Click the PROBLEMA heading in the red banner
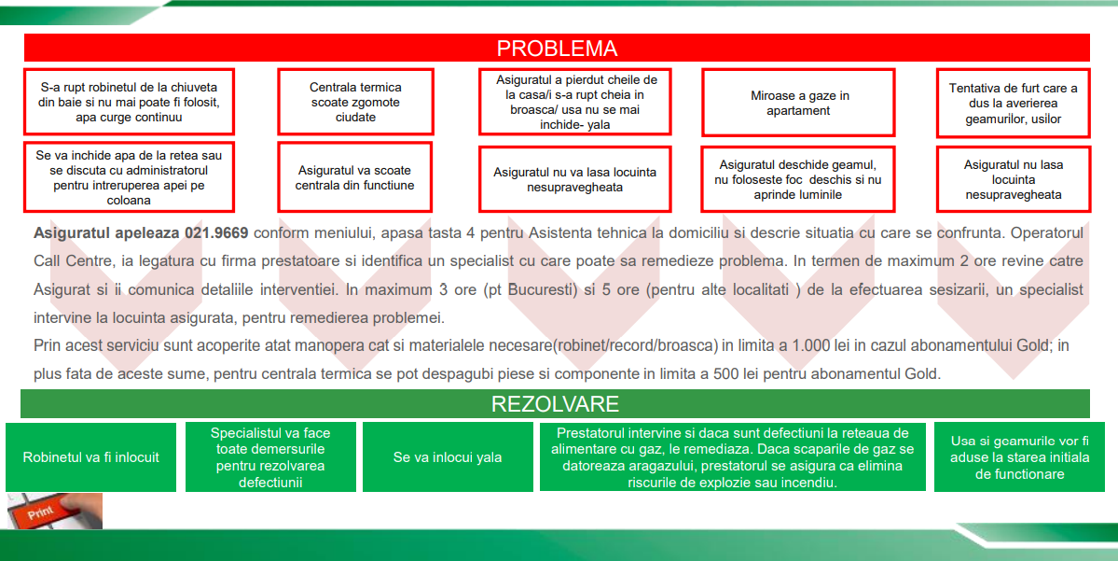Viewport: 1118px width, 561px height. [x=557, y=49]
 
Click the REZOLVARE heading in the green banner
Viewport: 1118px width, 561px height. [x=555, y=404]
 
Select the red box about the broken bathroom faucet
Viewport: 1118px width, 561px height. [x=130, y=102]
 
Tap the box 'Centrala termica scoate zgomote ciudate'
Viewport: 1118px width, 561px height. [x=355, y=102]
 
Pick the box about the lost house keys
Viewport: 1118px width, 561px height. [x=575, y=102]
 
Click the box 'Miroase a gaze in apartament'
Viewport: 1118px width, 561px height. [x=799, y=103]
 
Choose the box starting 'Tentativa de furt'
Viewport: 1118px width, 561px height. [x=1013, y=103]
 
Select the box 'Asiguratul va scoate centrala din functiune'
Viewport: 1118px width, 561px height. [x=355, y=177]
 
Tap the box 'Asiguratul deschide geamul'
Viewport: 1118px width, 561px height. [x=799, y=179]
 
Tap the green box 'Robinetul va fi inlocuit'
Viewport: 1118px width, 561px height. [x=91, y=457]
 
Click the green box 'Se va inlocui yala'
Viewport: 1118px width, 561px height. [x=448, y=457]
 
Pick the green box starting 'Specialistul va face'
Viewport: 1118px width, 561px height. [x=270, y=457]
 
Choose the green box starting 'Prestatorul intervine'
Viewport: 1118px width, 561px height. [x=732, y=457]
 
